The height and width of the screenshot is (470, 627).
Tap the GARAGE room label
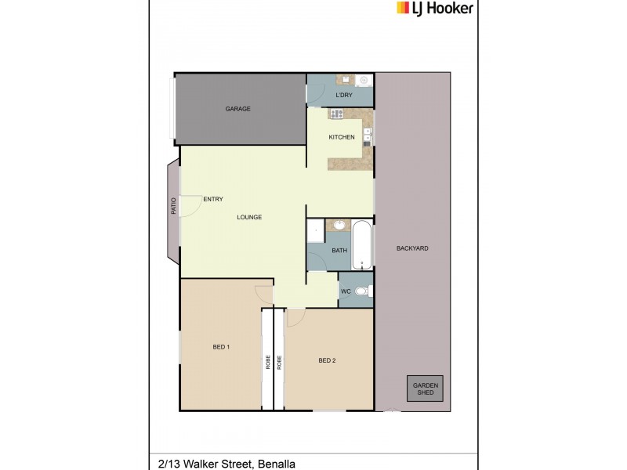click(x=238, y=109)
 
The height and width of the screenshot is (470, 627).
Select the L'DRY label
click(x=343, y=96)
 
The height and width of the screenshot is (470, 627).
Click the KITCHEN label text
click(x=342, y=138)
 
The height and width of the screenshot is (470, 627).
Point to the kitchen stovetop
click(x=337, y=114)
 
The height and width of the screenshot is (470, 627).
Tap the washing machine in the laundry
click(x=364, y=80)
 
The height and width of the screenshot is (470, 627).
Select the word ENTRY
click(x=213, y=199)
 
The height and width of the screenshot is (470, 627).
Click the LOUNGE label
click(x=249, y=217)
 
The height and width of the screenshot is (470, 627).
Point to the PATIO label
click(x=173, y=206)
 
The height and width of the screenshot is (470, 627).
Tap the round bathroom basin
click(x=339, y=226)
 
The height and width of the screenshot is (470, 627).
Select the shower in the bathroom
click(x=315, y=230)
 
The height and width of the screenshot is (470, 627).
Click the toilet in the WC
click(x=362, y=292)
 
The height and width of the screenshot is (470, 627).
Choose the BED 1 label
click(x=221, y=346)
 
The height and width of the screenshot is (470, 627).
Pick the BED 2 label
click(x=327, y=360)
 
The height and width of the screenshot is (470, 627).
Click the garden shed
click(x=425, y=389)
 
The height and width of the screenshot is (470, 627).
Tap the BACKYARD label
click(x=412, y=248)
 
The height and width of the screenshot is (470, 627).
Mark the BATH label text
click(x=339, y=251)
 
